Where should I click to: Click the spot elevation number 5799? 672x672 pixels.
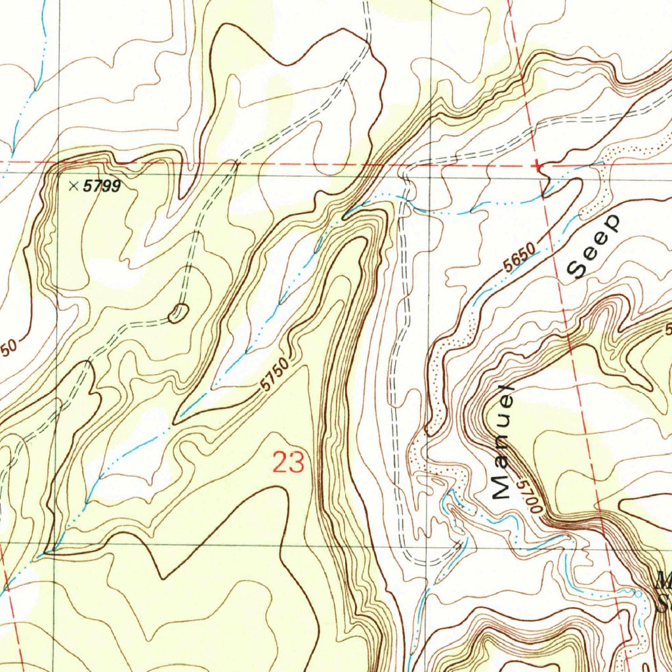(102, 187)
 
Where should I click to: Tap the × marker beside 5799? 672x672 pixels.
(73, 186)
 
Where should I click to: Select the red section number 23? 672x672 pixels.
(289, 463)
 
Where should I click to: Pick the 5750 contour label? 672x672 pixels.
(274, 376)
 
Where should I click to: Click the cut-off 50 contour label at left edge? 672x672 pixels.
(8, 348)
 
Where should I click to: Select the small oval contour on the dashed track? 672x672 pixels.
(178, 314)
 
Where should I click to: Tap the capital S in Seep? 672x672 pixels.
(578, 268)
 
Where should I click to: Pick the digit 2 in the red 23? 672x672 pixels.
(280, 463)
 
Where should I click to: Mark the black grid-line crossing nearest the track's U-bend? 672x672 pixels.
(429, 543)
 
